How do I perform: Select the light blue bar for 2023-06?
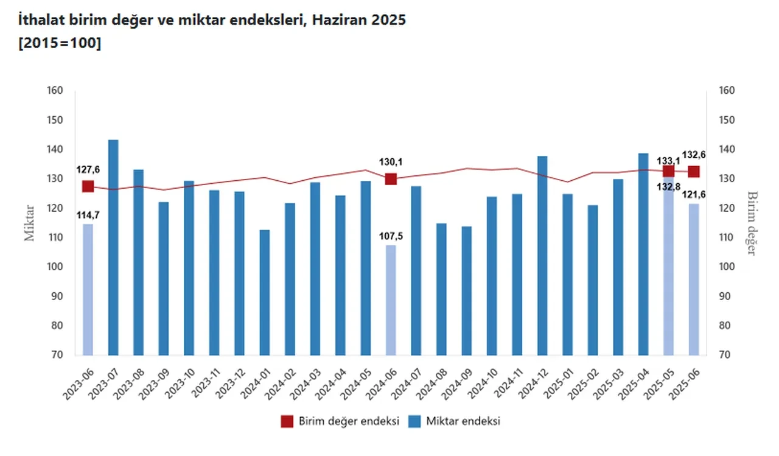click(x=88, y=289)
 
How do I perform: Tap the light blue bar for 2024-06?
click(x=391, y=300)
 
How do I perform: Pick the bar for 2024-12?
click(x=542, y=256)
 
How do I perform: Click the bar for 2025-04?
click(x=643, y=254)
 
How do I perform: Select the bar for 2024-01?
click(x=265, y=292)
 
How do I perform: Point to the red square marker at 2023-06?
click(x=88, y=186)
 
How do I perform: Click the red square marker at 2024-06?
click(x=391, y=179)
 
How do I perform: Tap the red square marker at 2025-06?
click(x=694, y=172)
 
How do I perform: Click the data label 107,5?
click(x=391, y=236)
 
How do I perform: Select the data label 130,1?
click(x=391, y=162)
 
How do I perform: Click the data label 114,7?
click(x=88, y=214)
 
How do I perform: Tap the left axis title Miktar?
click(x=30, y=223)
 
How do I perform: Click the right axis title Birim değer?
click(x=752, y=223)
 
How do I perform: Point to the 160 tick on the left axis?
click(x=55, y=91)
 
